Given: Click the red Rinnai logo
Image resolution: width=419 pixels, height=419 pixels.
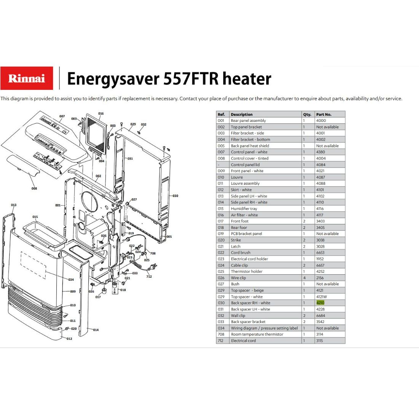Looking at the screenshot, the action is point(27,78).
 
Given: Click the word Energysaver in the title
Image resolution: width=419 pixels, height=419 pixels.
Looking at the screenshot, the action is point(113,79).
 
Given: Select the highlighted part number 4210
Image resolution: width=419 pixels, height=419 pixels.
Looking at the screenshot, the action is point(320,303).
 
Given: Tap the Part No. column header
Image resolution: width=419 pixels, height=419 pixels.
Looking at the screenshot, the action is point(324,114).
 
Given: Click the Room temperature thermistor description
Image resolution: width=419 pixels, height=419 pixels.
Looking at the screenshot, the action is point(257,334).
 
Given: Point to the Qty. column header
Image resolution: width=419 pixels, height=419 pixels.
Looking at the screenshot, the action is point(307,114).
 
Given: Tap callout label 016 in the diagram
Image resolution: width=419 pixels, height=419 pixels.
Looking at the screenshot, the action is point(101,114).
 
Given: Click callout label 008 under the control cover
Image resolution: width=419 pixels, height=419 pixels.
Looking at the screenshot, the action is point(34,189).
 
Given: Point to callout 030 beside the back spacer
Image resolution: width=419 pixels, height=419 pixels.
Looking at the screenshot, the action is point(175,196).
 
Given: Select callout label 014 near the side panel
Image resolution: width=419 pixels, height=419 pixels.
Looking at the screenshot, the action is point(96,330).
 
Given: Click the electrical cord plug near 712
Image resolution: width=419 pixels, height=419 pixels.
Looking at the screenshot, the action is point(154,266).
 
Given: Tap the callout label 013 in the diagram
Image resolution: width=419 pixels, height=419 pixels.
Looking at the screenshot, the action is point(14,205).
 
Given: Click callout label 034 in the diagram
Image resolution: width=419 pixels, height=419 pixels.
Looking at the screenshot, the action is point(71,280).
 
